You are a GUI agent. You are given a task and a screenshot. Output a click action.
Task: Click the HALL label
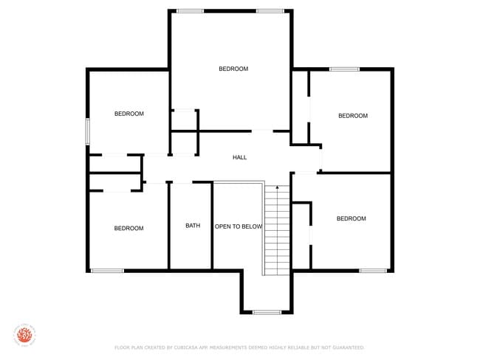click(240, 157)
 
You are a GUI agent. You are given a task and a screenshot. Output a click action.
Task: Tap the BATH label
click(193, 226)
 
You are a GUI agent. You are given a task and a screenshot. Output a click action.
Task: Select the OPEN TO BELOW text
click(239, 226)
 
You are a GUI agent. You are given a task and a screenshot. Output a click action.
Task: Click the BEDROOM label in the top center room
click(233, 69)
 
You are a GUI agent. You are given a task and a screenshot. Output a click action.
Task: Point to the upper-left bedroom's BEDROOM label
click(128, 114)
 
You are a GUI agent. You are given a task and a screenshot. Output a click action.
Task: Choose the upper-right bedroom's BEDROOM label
click(352, 116)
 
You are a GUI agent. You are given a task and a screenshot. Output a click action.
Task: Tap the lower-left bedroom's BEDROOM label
click(128, 228)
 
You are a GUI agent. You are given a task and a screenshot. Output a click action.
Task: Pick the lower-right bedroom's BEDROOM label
click(351, 218)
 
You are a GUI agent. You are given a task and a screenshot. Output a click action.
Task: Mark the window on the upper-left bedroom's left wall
click(88, 131)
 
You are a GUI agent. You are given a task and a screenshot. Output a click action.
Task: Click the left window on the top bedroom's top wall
click(191, 11)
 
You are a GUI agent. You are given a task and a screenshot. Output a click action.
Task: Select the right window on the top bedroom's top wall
click(270, 11)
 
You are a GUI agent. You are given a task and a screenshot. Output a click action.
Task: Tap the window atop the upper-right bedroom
click(344, 69)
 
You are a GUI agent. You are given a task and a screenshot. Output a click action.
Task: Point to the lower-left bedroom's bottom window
click(107, 271)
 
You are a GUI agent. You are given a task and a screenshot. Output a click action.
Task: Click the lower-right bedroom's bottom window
click(373, 271)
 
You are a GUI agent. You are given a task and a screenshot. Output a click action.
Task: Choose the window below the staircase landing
click(266, 313)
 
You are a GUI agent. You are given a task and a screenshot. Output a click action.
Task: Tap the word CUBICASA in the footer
click(182, 347)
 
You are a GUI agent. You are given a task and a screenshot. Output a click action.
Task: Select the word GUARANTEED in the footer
click(347, 347)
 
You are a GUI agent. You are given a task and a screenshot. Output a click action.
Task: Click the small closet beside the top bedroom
click(184, 120)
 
